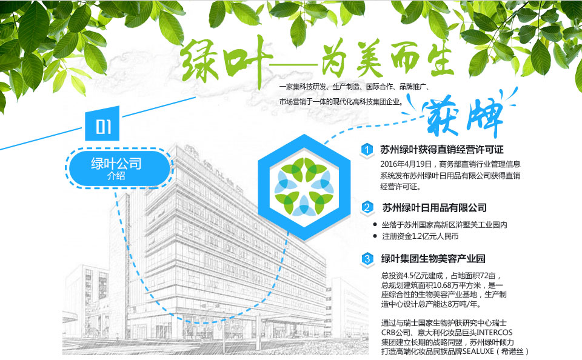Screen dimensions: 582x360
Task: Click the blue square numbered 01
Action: (102, 124)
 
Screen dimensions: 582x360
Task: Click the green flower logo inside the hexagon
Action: (304, 187)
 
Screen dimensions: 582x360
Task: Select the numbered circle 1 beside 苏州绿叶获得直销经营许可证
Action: (367, 150)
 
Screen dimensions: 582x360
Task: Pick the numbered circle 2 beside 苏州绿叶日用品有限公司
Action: (367, 207)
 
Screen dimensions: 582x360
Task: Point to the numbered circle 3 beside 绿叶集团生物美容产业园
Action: (367, 258)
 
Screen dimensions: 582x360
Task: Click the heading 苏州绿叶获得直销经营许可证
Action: (442, 150)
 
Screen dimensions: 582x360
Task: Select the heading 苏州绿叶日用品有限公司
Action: (434, 207)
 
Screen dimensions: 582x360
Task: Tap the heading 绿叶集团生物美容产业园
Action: (433, 258)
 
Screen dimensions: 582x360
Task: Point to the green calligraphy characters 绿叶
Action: (226, 61)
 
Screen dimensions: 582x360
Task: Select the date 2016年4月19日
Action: (406, 164)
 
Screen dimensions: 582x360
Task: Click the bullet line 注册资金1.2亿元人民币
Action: (420, 236)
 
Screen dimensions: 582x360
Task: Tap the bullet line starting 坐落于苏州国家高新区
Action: (444, 224)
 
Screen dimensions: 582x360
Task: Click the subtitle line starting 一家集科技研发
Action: (355, 87)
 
